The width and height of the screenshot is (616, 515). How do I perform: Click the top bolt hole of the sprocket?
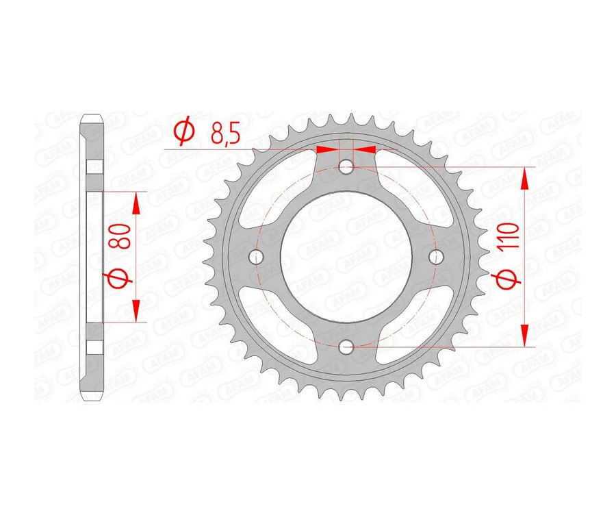click(347, 166)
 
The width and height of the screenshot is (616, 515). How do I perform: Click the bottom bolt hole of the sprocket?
click(347, 347)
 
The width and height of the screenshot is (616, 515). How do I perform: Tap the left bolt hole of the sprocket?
click(257, 257)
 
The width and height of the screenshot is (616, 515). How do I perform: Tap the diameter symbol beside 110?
click(511, 279)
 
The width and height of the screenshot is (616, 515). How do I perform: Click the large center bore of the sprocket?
click(347, 257)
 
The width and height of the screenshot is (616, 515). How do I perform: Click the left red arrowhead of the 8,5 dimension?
click(328, 149)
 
